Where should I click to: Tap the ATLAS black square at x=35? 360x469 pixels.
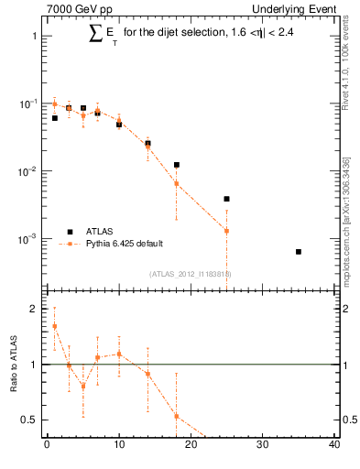click(x=299, y=251)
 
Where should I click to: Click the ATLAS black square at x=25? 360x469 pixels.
click(x=226, y=199)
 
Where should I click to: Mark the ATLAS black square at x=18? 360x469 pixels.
click(x=176, y=165)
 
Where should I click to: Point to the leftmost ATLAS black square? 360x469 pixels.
click(x=54, y=118)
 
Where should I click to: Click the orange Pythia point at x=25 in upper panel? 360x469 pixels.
click(x=226, y=231)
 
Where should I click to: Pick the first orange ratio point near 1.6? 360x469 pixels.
click(x=54, y=326)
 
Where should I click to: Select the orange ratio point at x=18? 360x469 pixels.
click(x=176, y=416)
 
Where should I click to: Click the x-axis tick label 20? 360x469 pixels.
click(x=191, y=446)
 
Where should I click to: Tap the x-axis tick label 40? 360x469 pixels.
click(x=334, y=446)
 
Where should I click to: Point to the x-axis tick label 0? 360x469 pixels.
click(x=47, y=446)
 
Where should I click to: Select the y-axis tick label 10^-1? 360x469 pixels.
click(x=29, y=104)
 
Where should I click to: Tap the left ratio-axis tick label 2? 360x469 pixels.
click(x=34, y=310)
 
